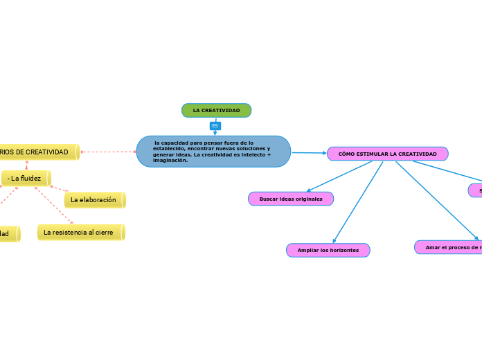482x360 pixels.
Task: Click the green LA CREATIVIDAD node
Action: click(x=216, y=111)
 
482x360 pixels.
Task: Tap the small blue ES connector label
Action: click(x=215, y=126)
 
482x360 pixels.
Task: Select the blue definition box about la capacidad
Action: click(x=213, y=152)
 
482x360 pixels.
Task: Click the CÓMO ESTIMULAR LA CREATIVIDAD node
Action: click(x=387, y=154)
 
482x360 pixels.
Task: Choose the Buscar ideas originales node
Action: click(x=291, y=199)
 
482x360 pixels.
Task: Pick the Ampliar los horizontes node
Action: click(x=328, y=250)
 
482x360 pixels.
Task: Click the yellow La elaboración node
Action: click(x=94, y=200)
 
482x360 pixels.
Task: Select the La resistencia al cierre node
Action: click(x=80, y=233)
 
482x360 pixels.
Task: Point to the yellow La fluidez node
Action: click(x=26, y=179)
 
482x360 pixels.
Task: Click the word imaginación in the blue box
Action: click(x=170, y=161)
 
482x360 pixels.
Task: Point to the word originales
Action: click(x=309, y=199)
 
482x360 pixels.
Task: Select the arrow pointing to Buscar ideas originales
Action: click(x=308, y=190)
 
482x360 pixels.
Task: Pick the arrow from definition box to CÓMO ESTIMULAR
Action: click(x=323, y=153)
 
